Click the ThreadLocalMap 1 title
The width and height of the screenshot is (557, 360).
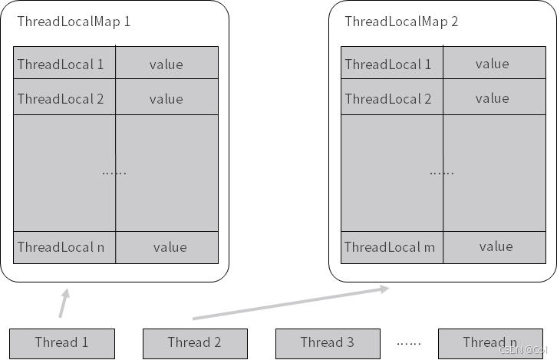pos(74,21)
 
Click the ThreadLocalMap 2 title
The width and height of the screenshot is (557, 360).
pos(401,21)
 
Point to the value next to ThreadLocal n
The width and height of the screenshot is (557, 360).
pos(169,247)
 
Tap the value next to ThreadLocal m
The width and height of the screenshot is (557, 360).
pos(496,247)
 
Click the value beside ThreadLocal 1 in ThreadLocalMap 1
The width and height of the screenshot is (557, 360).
pos(166,64)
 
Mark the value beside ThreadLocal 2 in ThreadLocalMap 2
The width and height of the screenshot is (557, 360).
pos(492,98)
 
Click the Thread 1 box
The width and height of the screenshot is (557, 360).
pos(61,343)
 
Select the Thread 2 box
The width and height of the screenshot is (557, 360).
pos(195,343)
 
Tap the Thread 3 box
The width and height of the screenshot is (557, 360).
pos(328,343)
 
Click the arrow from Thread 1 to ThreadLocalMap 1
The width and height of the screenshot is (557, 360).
pos(64,302)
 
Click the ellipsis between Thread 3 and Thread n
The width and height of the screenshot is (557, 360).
pos(410,343)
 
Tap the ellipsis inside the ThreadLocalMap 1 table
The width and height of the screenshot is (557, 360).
pos(114,172)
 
